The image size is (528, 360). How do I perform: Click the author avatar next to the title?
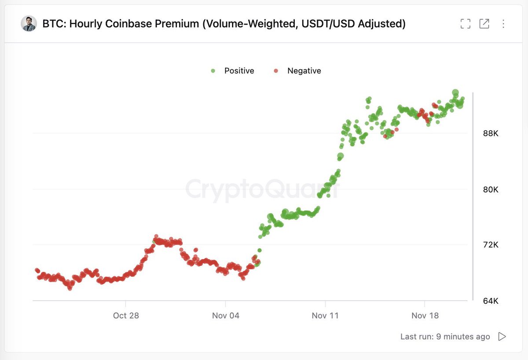click(x=29, y=23)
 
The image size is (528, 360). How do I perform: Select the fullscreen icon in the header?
click(x=465, y=24)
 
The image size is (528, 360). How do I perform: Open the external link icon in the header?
click(x=484, y=24)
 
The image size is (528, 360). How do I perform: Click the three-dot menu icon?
click(x=503, y=24)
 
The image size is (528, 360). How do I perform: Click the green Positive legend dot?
click(x=213, y=71)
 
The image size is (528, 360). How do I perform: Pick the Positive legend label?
click(x=239, y=71)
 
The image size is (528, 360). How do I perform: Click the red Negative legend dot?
click(x=276, y=71)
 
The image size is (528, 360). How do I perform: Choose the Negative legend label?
click(x=304, y=71)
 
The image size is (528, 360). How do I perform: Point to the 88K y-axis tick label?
click(x=490, y=133)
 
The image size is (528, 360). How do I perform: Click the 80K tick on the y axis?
click(x=490, y=189)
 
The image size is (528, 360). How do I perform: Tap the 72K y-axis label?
click(x=490, y=245)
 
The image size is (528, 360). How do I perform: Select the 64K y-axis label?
click(x=490, y=301)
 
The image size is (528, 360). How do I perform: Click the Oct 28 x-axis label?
click(x=126, y=316)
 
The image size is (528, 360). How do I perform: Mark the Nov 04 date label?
click(x=225, y=316)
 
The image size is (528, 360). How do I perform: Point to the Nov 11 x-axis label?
click(x=325, y=316)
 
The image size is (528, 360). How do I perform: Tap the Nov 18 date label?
click(x=425, y=316)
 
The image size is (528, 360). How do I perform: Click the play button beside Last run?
click(x=502, y=337)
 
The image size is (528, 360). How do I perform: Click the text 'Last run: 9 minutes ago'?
click(x=445, y=337)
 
